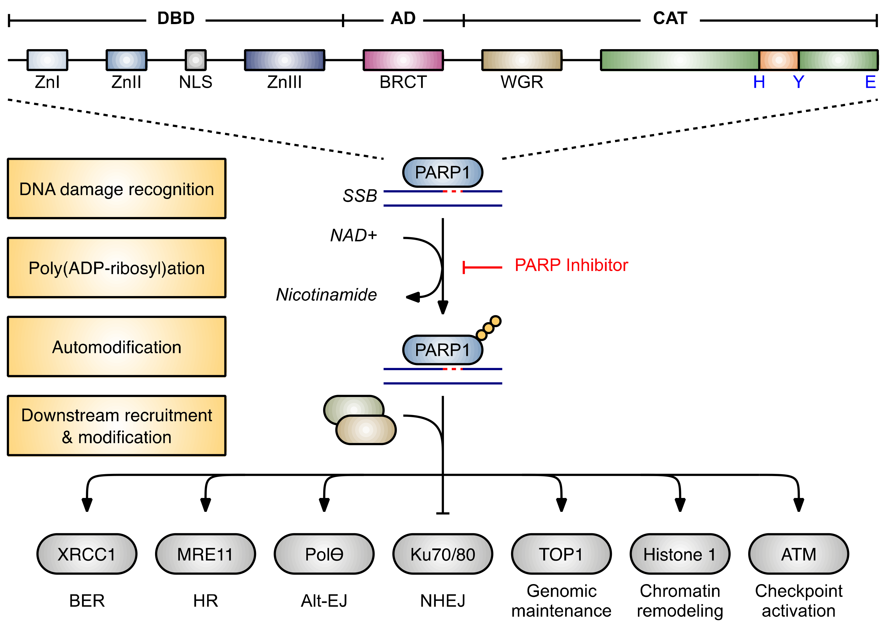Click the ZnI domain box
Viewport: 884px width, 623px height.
click(47, 60)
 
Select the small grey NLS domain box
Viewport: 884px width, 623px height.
click(196, 60)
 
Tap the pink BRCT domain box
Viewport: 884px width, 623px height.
click(403, 60)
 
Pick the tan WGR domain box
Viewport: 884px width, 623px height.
click(522, 60)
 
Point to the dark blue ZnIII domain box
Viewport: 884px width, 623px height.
click(285, 60)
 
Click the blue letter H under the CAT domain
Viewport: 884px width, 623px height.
click(759, 82)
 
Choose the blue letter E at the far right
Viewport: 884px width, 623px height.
click(870, 82)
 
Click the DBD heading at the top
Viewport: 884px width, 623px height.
click(176, 18)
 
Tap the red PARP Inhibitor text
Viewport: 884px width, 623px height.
click(571, 265)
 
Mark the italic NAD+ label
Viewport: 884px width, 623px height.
click(353, 235)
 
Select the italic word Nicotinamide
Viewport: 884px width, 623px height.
click(326, 295)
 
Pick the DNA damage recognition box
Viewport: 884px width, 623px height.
click(117, 189)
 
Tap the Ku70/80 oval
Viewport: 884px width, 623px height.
click(443, 554)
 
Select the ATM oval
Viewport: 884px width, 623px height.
click(799, 554)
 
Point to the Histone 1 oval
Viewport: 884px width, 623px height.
click(680, 554)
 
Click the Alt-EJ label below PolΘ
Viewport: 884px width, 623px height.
click(324, 601)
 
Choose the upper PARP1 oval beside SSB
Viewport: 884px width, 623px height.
click(443, 172)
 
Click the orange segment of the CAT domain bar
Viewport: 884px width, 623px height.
click(779, 60)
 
